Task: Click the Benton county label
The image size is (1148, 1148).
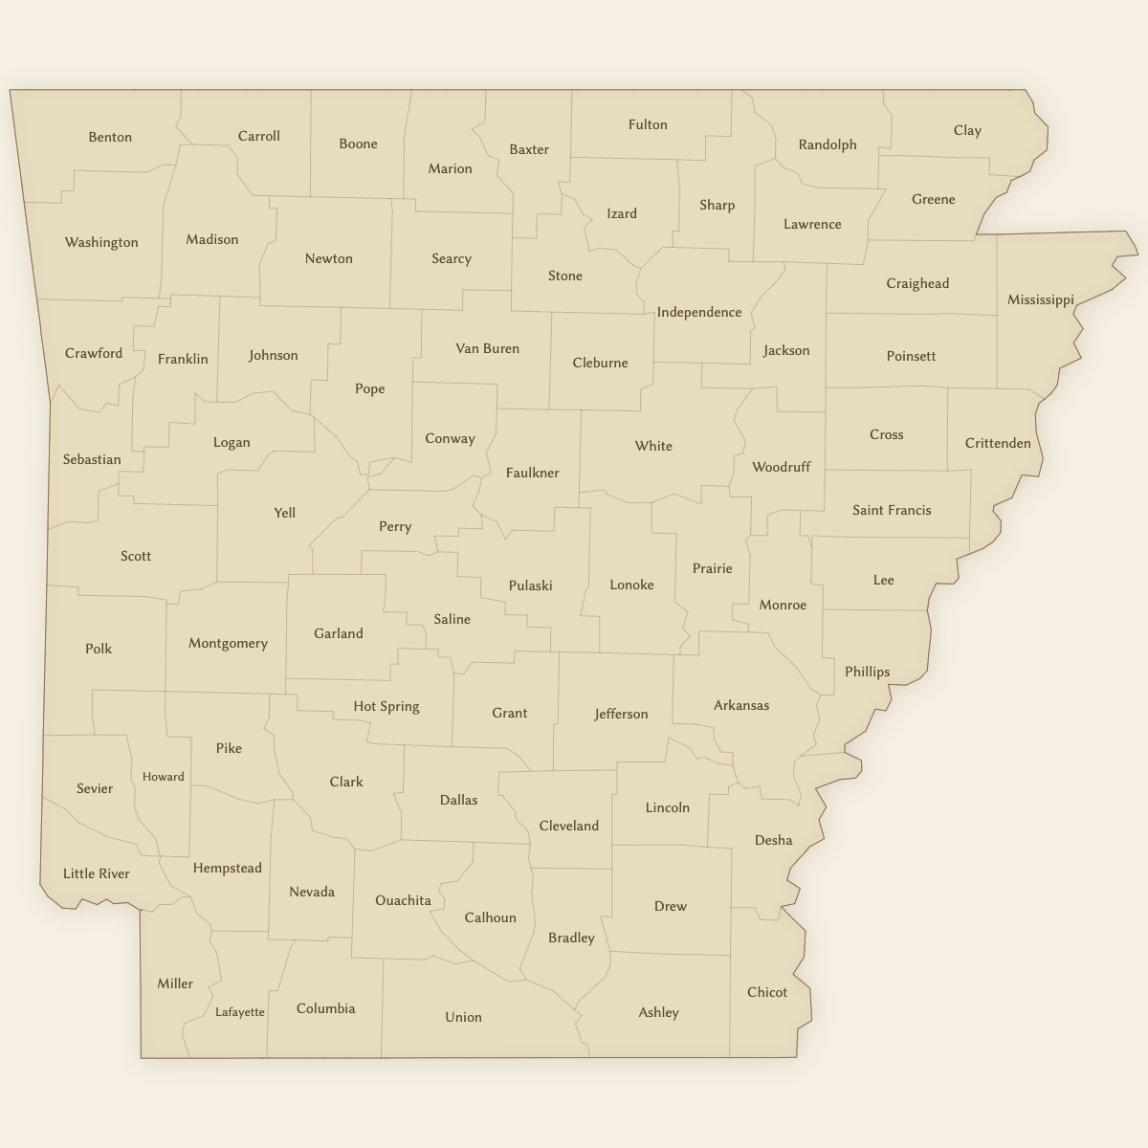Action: coord(110,137)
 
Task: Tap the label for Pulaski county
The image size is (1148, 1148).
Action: coord(530,585)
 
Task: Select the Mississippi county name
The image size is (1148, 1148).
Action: coord(1040,299)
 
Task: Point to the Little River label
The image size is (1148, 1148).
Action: coord(96,873)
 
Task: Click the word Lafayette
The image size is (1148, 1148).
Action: coord(239,1012)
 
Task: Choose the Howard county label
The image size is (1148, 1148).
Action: coord(163,777)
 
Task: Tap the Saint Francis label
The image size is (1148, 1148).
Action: coord(891,510)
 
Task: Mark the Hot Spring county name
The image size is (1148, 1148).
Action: coord(386,706)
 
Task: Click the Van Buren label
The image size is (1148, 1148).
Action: coord(487,348)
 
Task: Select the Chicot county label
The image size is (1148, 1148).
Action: coord(766,992)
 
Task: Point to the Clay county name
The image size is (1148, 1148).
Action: coord(967,130)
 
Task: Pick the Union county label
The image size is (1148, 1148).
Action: coord(463,1017)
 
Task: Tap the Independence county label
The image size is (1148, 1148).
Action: coord(698,312)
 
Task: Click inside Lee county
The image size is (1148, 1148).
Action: coord(883,580)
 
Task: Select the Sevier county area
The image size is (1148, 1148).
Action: coord(94,788)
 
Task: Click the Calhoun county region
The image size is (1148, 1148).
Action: coord(490,917)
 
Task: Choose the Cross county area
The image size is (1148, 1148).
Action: coord(886,434)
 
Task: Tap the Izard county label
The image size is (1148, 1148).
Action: coord(621,213)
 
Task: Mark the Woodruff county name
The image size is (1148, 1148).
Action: coord(781,467)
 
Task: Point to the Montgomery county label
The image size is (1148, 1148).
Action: coord(228,643)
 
